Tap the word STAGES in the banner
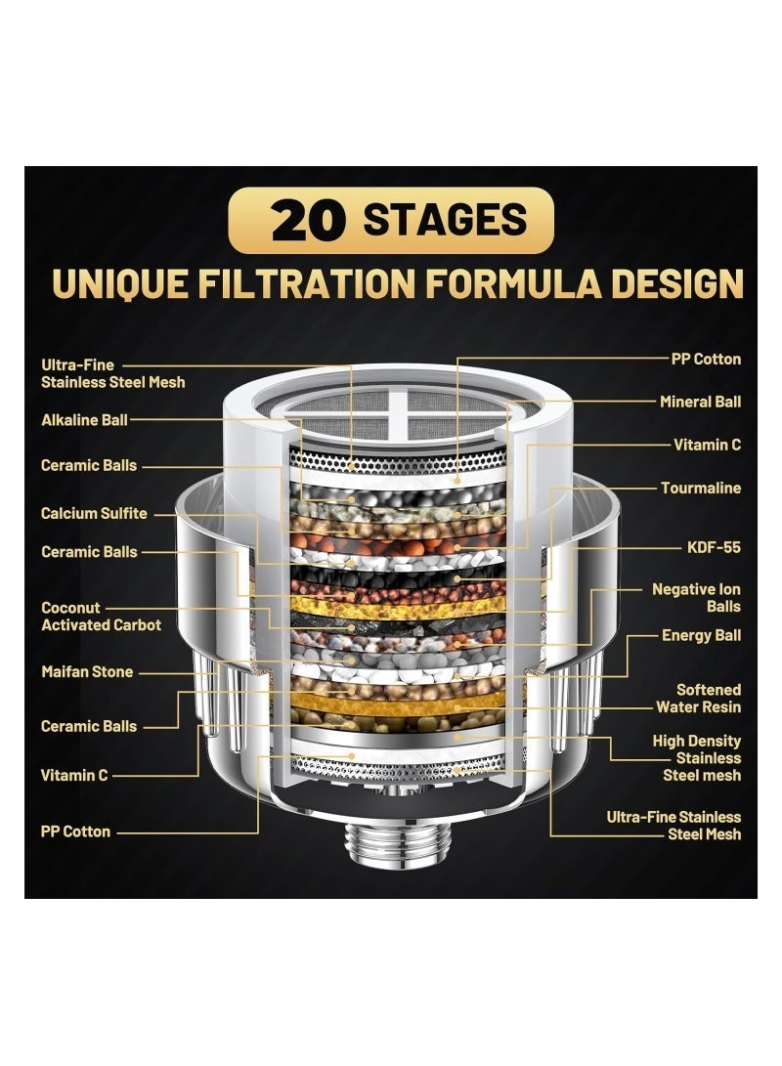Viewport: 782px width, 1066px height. point(445,221)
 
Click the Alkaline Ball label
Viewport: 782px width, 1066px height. point(84,419)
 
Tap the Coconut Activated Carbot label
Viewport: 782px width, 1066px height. point(101,617)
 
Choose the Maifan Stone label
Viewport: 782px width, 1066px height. point(87,671)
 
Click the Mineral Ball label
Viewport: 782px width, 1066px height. point(700,402)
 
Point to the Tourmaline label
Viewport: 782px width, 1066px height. point(701,488)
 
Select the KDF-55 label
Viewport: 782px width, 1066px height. point(714,547)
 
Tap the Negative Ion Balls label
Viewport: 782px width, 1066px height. point(696,598)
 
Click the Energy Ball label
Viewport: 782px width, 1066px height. point(701,635)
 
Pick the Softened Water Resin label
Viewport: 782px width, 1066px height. point(698,699)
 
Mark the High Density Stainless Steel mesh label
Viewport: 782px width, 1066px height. point(696,758)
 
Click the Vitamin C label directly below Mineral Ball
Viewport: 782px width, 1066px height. point(707,445)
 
